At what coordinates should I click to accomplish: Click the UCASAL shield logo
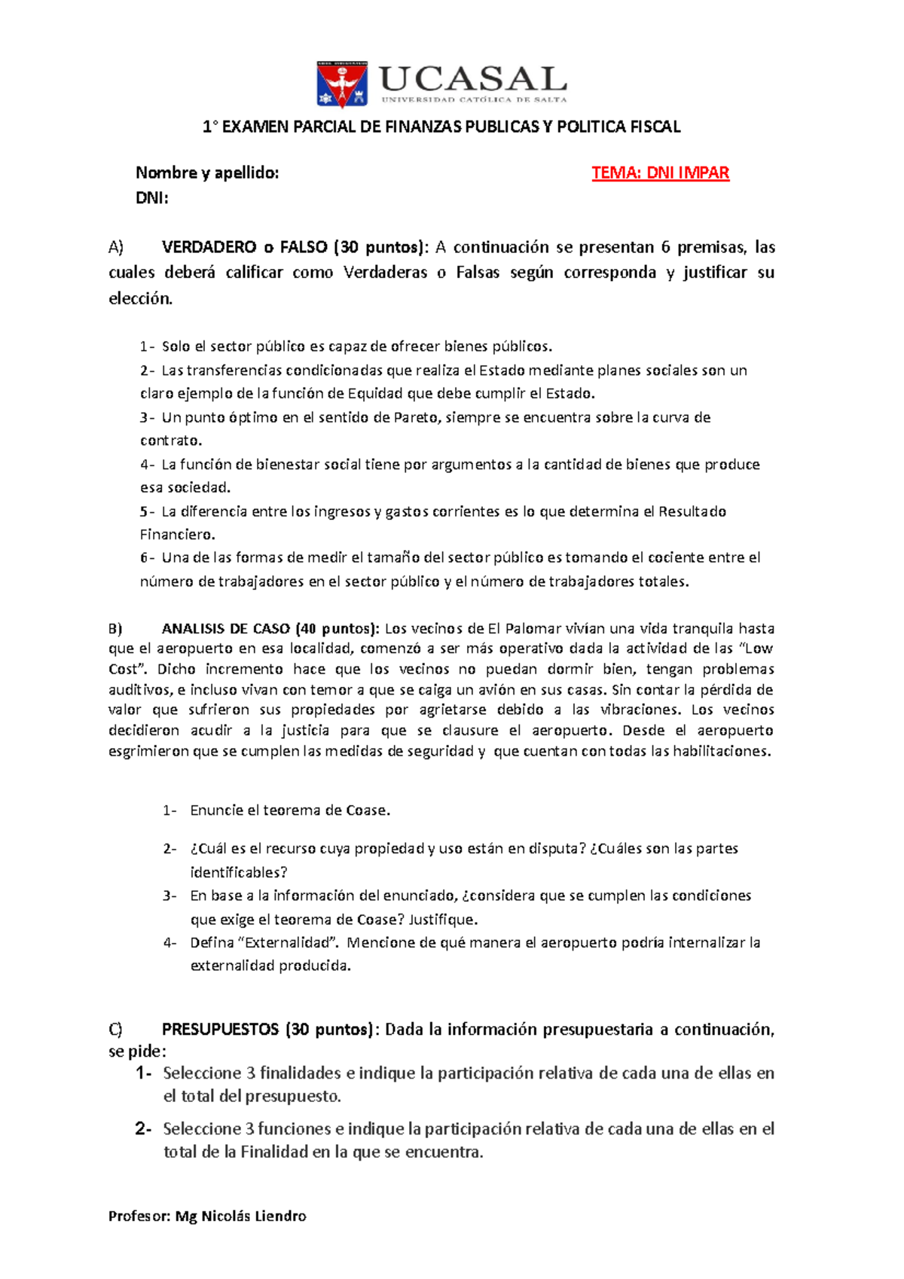click(x=343, y=84)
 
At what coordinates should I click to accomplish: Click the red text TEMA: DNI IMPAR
click(x=660, y=172)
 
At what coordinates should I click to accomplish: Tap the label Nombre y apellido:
click(x=207, y=172)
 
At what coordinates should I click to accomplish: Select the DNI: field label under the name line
click(x=151, y=198)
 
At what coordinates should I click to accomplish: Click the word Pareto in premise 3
click(x=416, y=417)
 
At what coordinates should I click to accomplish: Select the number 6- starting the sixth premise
click(x=148, y=558)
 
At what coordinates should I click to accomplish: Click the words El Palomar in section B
click(x=524, y=629)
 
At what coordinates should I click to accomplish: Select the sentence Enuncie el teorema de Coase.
click(x=290, y=810)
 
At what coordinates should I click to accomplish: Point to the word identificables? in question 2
click(x=239, y=872)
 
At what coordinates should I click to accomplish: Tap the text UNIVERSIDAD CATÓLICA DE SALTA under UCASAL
click(x=474, y=99)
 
